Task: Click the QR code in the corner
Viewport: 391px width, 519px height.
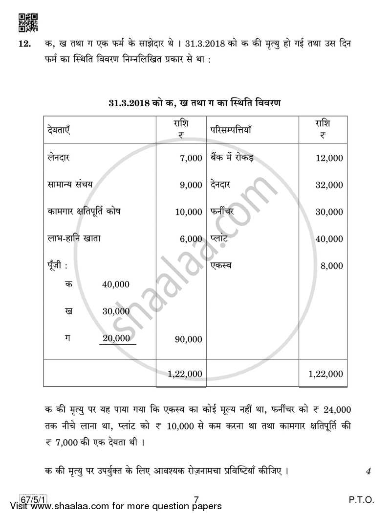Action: click(28, 22)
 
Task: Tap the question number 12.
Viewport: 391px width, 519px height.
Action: click(25, 44)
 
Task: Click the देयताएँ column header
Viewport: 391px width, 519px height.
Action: click(60, 130)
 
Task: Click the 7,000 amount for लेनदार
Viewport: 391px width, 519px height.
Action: click(191, 158)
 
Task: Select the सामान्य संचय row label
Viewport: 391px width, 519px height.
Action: click(70, 185)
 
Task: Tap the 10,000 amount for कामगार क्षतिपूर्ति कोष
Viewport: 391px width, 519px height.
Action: click(189, 212)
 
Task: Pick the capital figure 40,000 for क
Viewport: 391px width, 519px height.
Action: click(116, 284)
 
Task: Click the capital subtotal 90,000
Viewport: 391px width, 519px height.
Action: click(189, 339)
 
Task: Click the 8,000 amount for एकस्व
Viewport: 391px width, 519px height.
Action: click(332, 266)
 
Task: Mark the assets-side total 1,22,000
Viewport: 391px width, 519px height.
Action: click(326, 374)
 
